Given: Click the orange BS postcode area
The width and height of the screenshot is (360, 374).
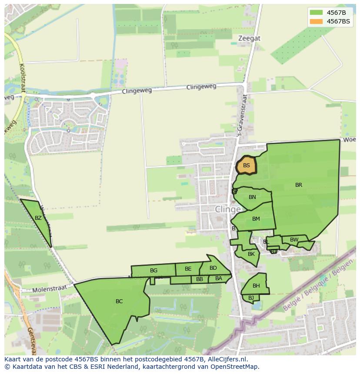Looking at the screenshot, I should point(247,165).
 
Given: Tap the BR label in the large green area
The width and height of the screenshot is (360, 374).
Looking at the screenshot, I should point(299,185).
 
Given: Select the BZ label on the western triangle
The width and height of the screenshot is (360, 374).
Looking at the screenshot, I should point(38,218).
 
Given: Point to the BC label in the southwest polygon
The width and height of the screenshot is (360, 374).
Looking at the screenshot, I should point(119,301).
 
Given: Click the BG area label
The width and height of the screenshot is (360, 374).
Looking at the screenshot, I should point(153,271).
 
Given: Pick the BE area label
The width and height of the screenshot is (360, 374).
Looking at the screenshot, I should point(188,269).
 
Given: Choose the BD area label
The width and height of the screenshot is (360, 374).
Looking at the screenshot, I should point(213,268).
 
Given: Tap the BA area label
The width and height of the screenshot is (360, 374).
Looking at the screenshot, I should point(219,278).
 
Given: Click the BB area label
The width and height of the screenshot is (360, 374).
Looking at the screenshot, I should point(200,279).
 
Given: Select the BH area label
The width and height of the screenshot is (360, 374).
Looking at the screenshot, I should point(256,286).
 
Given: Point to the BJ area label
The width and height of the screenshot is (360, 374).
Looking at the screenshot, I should point(251,298).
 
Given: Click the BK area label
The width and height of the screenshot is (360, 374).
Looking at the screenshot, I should point(251,254).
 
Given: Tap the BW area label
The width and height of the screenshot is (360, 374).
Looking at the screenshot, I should point(294,240).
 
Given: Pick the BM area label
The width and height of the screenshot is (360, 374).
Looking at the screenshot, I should point(256,219).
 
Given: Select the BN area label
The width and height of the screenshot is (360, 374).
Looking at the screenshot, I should point(252,197).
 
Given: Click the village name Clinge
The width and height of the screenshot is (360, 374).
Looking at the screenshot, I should point(228,209).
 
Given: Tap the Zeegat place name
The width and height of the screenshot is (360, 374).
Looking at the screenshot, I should point(249,38).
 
